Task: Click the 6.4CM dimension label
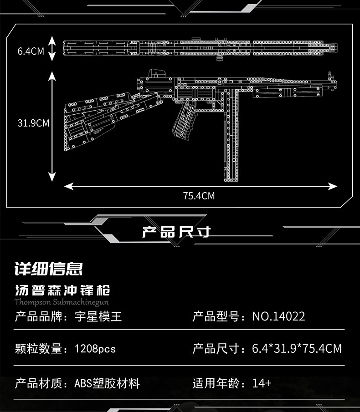click(31, 51)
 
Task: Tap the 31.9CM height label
click(33, 123)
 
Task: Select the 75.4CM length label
click(199, 196)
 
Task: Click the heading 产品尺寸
click(176, 232)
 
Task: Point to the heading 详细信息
click(49, 269)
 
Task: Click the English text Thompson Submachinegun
click(62, 302)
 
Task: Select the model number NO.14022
click(278, 316)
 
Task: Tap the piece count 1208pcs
click(95, 349)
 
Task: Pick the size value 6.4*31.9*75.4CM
click(297, 349)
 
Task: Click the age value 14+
click(262, 383)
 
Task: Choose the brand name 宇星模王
click(98, 316)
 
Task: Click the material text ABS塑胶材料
click(107, 383)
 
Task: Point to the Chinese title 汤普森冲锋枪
click(62, 290)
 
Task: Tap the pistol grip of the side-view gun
click(185, 120)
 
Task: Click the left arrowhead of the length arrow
click(69, 186)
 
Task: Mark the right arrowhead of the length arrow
click(332, 186)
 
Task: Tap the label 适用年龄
click(216, 383)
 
